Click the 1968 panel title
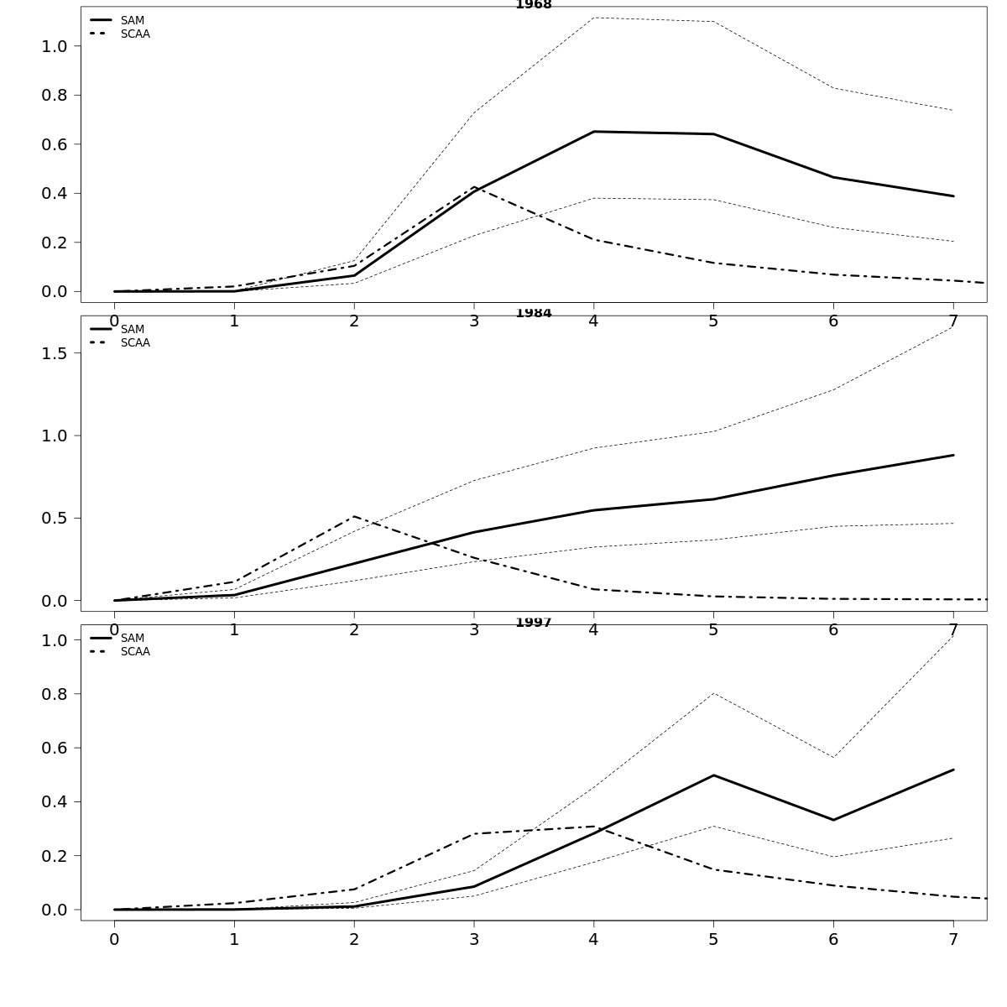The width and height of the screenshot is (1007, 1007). [x=534, y=5]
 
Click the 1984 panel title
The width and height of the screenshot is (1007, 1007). [x=534, y=314]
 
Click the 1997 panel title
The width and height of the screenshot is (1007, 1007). [x=534, y=623]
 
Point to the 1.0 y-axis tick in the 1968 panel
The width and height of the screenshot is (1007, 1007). [x=54, y=46]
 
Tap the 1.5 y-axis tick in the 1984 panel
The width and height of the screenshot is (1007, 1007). [x=54, y=353]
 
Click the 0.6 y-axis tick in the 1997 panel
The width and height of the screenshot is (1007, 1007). [x=54, y=748]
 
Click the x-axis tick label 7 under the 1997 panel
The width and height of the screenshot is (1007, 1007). [x=953, y=940]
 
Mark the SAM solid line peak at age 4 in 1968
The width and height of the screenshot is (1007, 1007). [x=593, y=132]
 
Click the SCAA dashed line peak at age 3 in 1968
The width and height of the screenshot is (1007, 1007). [x=474, y=187]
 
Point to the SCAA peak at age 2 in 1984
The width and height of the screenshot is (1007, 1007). [x=354, y=516]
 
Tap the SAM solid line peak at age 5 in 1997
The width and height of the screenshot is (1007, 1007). [x=713, y=775]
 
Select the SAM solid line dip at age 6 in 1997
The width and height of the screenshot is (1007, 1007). [x=833, y=820]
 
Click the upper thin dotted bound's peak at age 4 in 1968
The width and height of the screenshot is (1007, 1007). [x=593, y=18]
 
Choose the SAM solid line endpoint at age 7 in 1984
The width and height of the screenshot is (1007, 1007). [x=953, y=455]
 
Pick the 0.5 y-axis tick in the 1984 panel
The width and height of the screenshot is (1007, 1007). [x=54, y=518]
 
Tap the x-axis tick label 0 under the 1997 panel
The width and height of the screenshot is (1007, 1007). [x=114, y=940]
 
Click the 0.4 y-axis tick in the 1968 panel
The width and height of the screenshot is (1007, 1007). [x=54, y=193]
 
